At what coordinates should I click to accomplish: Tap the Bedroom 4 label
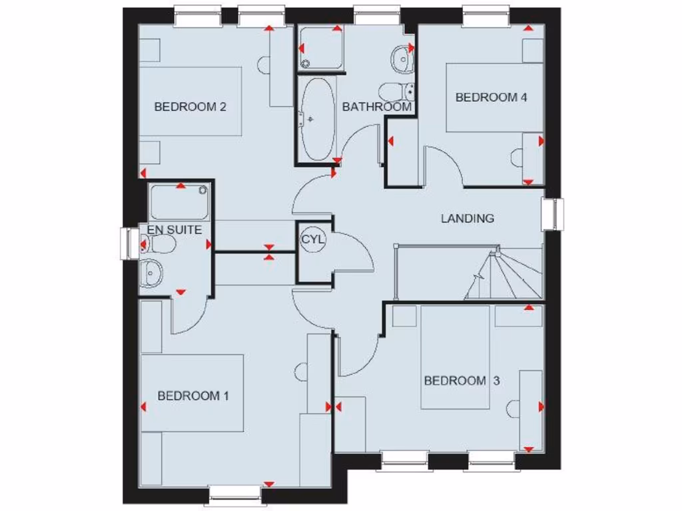click(492, 97)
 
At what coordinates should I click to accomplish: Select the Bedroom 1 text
click(193, 396)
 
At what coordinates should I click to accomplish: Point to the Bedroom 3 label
click(462, 381)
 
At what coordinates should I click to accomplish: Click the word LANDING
click(468, 218)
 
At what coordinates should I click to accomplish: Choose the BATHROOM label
click(377, 106)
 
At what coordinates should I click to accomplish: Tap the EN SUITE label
click(174, 230)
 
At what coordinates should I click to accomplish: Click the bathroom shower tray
click(320, 48)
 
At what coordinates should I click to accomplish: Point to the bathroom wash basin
click(402, 59)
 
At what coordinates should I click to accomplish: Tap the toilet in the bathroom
click(398, 90)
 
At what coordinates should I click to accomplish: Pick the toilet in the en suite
click(158, 245)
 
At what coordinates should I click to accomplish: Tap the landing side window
click(552, 214)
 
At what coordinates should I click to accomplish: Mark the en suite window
click(127, 244)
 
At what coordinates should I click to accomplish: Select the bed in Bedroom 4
click(494, 97)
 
